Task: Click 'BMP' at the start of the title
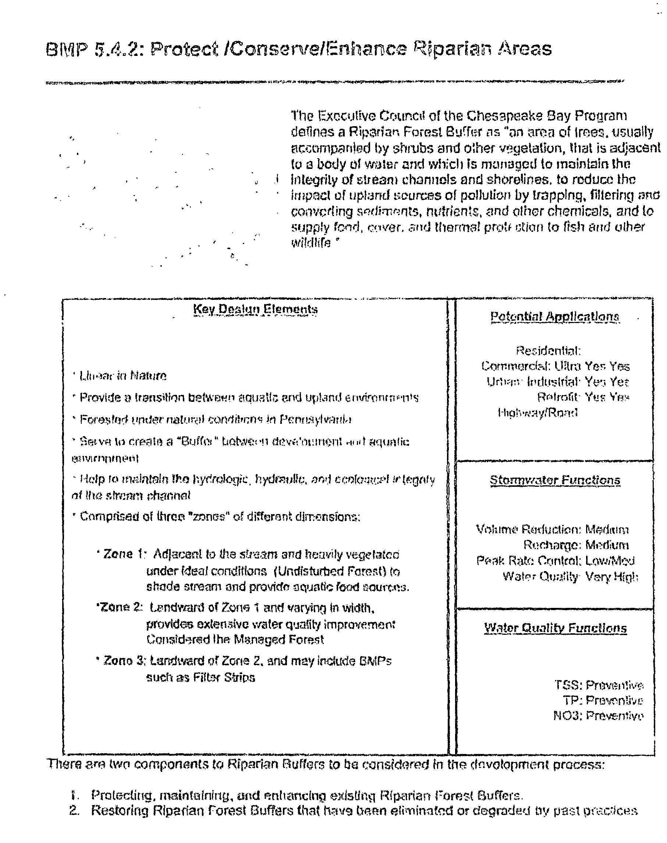click(66, 50)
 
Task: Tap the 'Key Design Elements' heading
click(255, 309)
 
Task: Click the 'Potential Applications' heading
click(554, 316)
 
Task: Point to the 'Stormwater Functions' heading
click(555, 480)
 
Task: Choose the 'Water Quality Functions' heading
click(555, 628)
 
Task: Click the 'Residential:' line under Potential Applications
click(548, 350)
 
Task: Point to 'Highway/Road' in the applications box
click(538, 412)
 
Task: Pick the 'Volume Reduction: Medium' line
click(552, 529)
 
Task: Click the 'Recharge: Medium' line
click(576, 545)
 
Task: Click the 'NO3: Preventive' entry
click(598, 716)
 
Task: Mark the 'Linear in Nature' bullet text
click(123, 376)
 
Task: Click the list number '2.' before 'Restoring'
click(74, 811)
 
